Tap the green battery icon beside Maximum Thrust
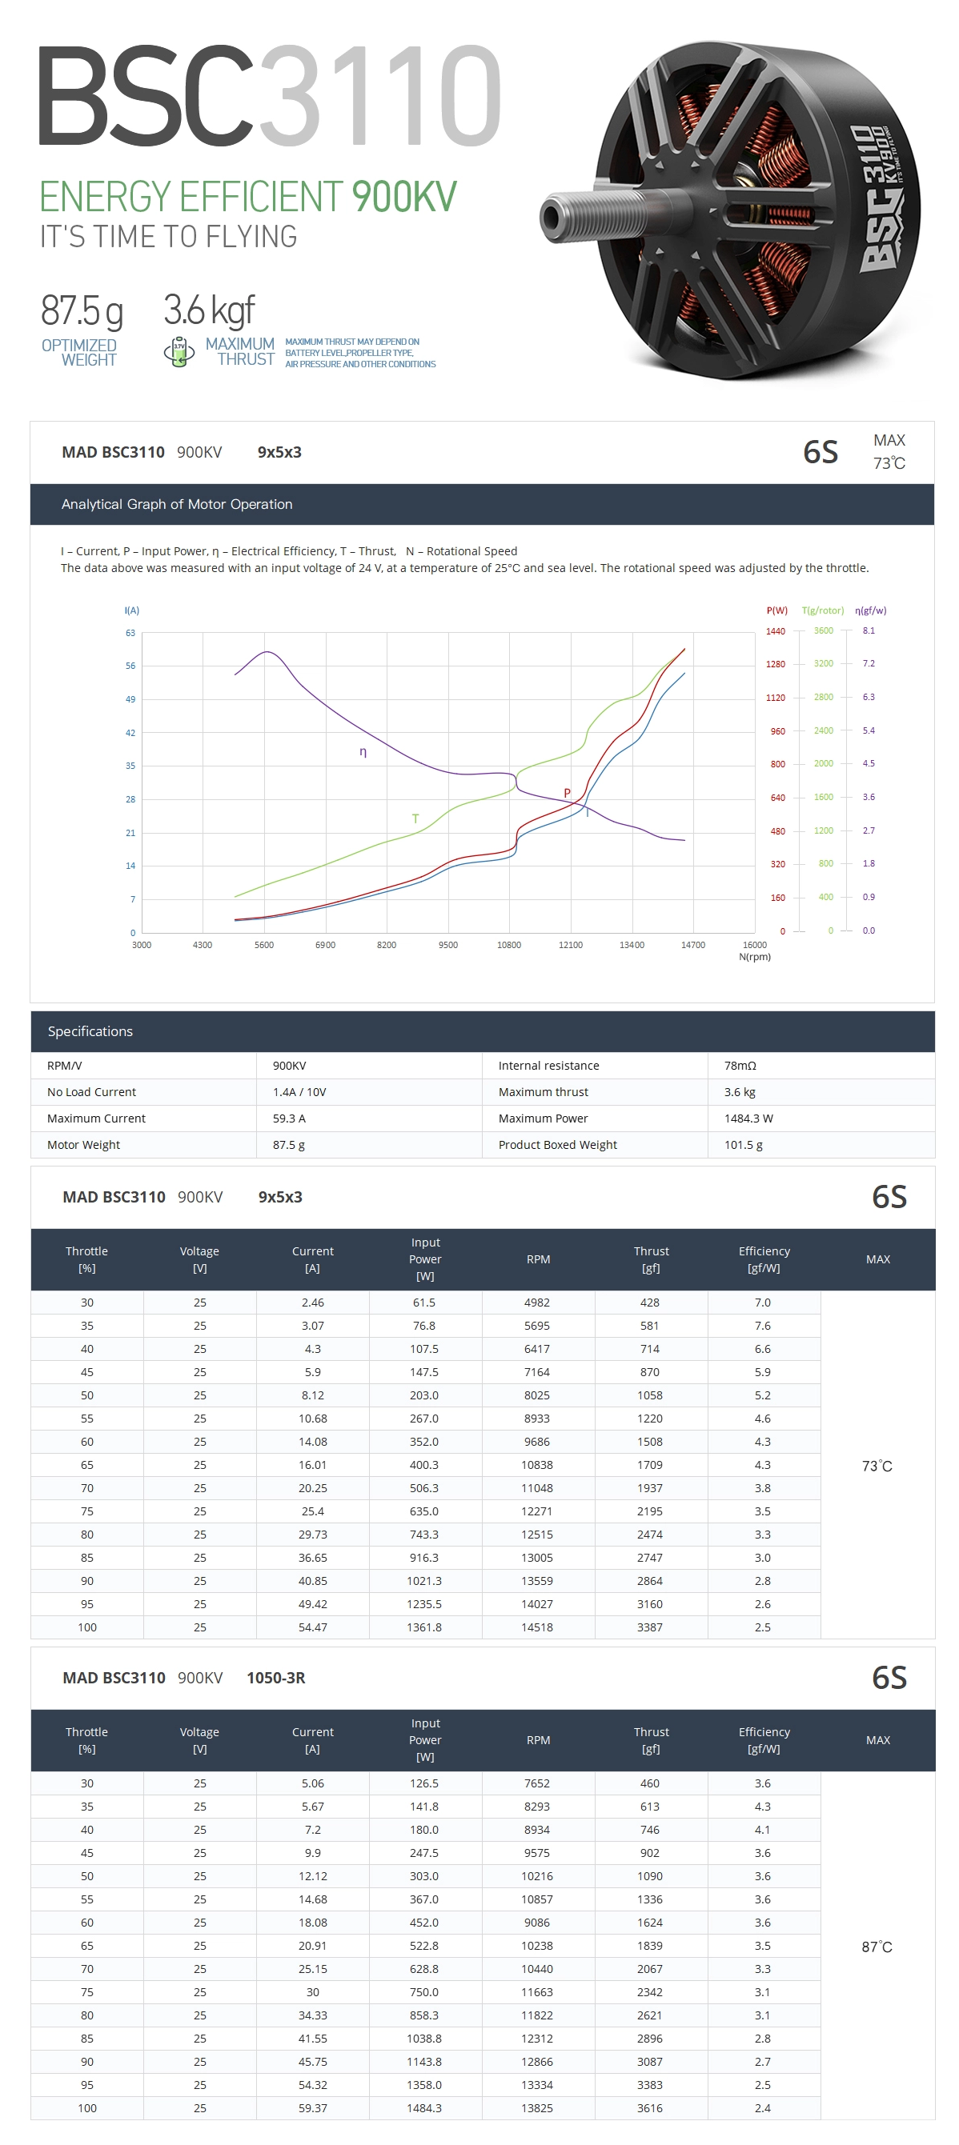click(x=179, y=351)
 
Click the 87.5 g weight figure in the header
click(x=82, y=310)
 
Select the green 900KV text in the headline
click(x=404, y=198)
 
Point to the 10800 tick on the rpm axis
click(x=509, y=945)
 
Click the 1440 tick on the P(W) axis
click(x=776, y=631)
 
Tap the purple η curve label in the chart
click(x=363, y=752)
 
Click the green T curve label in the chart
click(x=415, y=818)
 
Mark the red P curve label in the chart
click(x=568, y=793)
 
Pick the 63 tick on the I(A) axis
click(x=130, y=633)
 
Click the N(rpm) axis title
click(x=755, y=957)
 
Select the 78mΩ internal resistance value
click(x=740, y=1066)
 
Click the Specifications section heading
click(x=90, y=1030)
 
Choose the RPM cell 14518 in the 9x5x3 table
click(x=537, y=1627)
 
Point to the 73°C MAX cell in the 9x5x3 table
click(x=877, y=1467)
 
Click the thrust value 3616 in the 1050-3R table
click(x=650, y=2108)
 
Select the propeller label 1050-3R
click(x=276, y=1678)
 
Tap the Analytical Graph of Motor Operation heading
click(x=177, y=504)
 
